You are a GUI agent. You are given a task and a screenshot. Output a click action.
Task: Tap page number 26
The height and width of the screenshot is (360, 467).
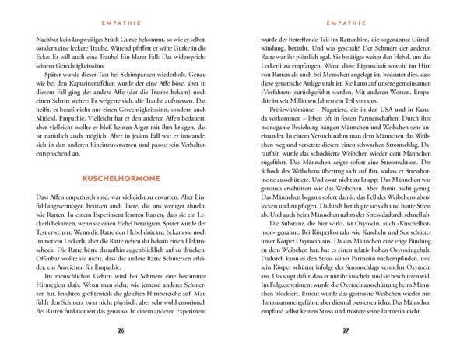pyautogui.click(x=120, y=331)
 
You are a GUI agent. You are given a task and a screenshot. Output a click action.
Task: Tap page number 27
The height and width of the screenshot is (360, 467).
pyautogui.click(x=346, y=331)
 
